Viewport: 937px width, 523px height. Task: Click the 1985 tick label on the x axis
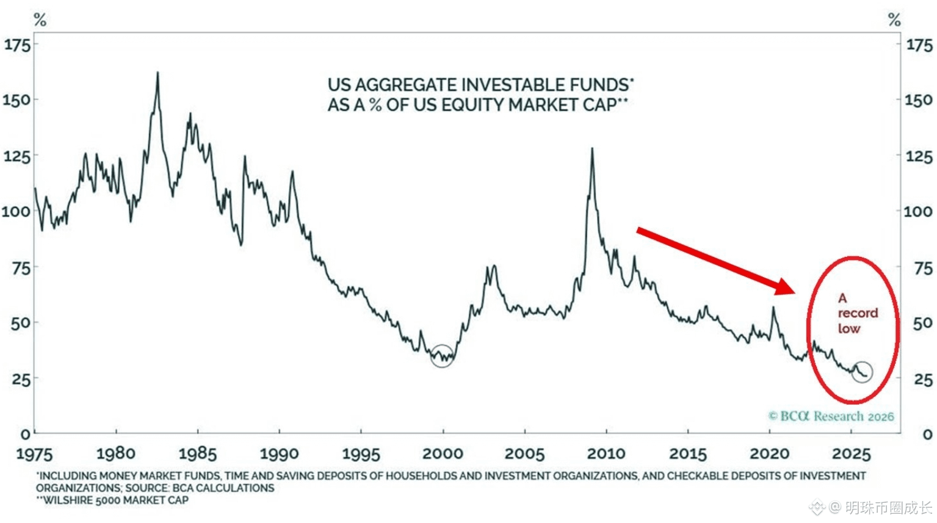[197, 453]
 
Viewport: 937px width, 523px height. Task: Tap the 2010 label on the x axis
[606, 453]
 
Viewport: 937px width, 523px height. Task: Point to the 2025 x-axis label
[852, 453]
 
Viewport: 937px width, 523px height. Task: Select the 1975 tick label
[34, 453]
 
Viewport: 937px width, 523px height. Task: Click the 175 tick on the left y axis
[17, 45]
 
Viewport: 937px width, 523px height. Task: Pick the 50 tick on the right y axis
[922, 323]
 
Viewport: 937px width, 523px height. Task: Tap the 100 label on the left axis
[16, 212]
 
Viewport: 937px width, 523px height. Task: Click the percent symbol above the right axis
[894, 20]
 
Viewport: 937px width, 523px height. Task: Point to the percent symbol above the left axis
[40, 20]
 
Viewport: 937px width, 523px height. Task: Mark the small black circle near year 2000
[442, 355]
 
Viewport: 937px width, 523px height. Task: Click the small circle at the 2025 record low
[862, 371]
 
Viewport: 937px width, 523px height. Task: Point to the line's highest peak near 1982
[157, 73]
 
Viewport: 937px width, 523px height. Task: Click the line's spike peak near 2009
[592, 149]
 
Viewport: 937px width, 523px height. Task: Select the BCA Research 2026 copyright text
[831, 416]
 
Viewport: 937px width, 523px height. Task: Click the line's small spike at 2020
[773, 308]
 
